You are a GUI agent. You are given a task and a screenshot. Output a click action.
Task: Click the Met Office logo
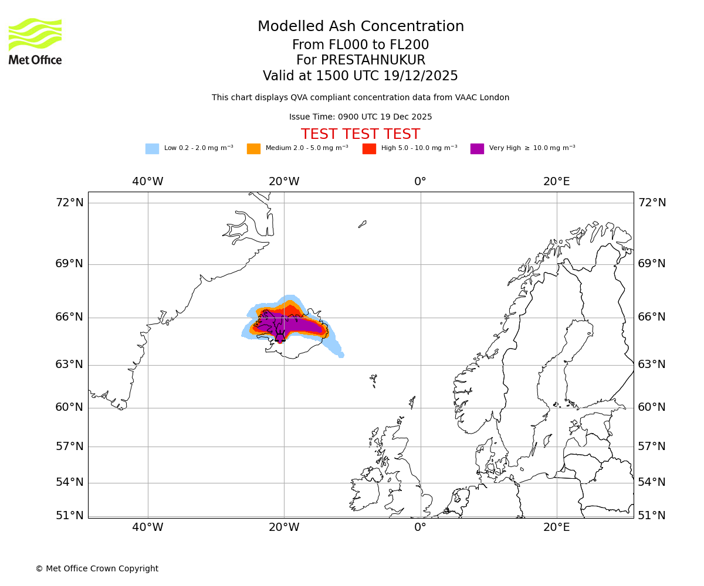35,41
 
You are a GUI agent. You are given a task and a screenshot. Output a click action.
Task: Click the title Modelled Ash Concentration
361,27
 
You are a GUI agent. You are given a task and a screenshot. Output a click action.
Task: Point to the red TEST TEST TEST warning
360,135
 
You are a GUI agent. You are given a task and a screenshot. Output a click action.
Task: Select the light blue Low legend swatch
152,149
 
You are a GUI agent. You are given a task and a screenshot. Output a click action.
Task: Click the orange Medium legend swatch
253,149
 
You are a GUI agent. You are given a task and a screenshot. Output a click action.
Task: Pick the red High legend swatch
369,149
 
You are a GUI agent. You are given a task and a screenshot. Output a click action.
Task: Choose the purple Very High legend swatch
477,149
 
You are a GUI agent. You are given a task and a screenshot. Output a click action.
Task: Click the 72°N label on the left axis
69,203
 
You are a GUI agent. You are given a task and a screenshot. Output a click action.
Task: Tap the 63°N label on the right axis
652,364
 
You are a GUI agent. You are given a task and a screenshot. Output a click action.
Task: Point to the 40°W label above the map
147,182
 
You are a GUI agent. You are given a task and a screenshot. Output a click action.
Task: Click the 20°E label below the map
556,527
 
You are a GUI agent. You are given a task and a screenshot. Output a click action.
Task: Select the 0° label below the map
420,527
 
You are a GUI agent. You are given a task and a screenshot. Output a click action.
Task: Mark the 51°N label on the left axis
69,516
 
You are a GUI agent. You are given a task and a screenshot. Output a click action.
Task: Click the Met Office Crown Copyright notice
97,569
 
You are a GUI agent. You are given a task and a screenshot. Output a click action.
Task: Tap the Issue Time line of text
360,117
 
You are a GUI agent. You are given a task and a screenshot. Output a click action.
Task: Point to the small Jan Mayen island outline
363,224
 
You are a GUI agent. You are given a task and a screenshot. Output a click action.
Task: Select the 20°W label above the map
284,182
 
